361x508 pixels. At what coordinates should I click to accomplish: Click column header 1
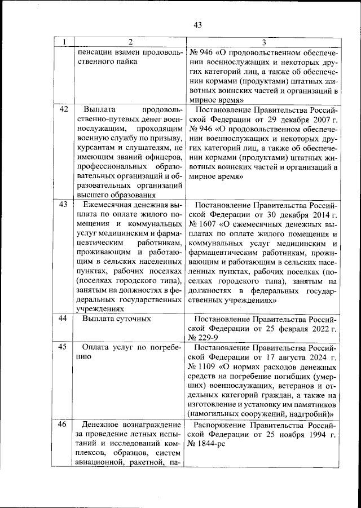tap(65, 42)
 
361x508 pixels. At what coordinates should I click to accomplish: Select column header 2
tap(130, 42)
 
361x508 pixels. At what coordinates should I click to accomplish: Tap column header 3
tap(263, 42)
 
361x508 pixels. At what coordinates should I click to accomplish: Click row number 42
tap(64, 109)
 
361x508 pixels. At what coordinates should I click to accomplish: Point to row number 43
tap(64, 204)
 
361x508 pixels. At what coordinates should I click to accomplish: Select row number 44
tap(64, 319)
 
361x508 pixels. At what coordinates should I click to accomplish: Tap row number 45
tap(64, 347)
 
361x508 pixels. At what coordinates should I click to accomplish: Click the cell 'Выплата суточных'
tap(116, 319)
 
